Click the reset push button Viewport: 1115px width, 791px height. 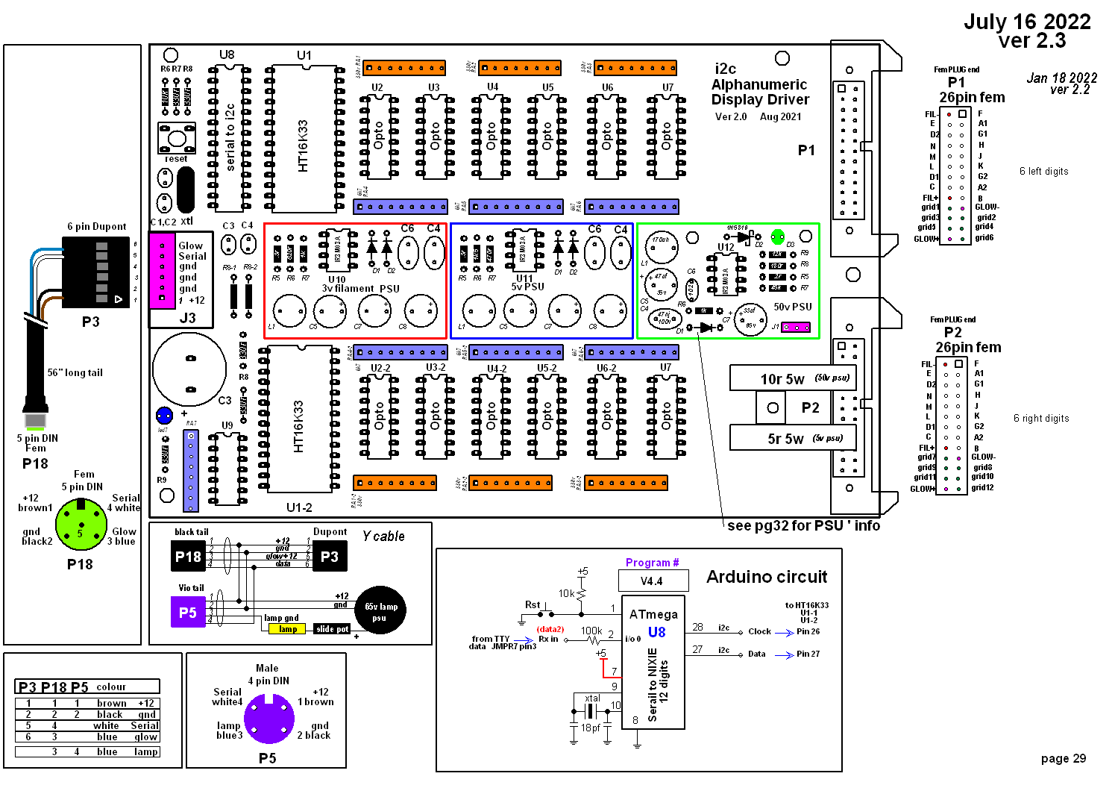click(177, 138)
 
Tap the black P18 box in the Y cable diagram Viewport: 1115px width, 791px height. click(188, 556)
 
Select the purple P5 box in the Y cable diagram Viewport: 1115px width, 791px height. click(188, 613)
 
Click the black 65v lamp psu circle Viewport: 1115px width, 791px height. click(380, 610)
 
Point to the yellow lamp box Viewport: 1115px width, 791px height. click(287, 629)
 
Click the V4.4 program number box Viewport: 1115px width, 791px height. click(651, 581)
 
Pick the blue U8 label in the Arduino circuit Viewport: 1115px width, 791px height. click(656, 632)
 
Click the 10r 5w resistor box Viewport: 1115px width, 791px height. click(792, 378)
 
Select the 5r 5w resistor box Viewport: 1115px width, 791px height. click(792, 438)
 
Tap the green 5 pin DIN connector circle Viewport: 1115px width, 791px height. click(81, 524)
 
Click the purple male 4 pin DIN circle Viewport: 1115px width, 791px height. click(269, 719)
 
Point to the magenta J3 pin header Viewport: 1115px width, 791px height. click(162, 270)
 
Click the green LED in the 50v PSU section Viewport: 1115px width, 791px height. click(778, 236)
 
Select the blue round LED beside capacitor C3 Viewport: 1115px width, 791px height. click(164, 416)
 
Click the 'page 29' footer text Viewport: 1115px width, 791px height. click(1063, 759)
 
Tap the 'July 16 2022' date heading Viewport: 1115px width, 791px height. click(1027, 22)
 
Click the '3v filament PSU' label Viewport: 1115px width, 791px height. click(360, 289)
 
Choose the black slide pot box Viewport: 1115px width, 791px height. click(332, 629)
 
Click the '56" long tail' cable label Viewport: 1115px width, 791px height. click(75, 373)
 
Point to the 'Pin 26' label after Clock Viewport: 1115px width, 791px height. click(808, 631)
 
